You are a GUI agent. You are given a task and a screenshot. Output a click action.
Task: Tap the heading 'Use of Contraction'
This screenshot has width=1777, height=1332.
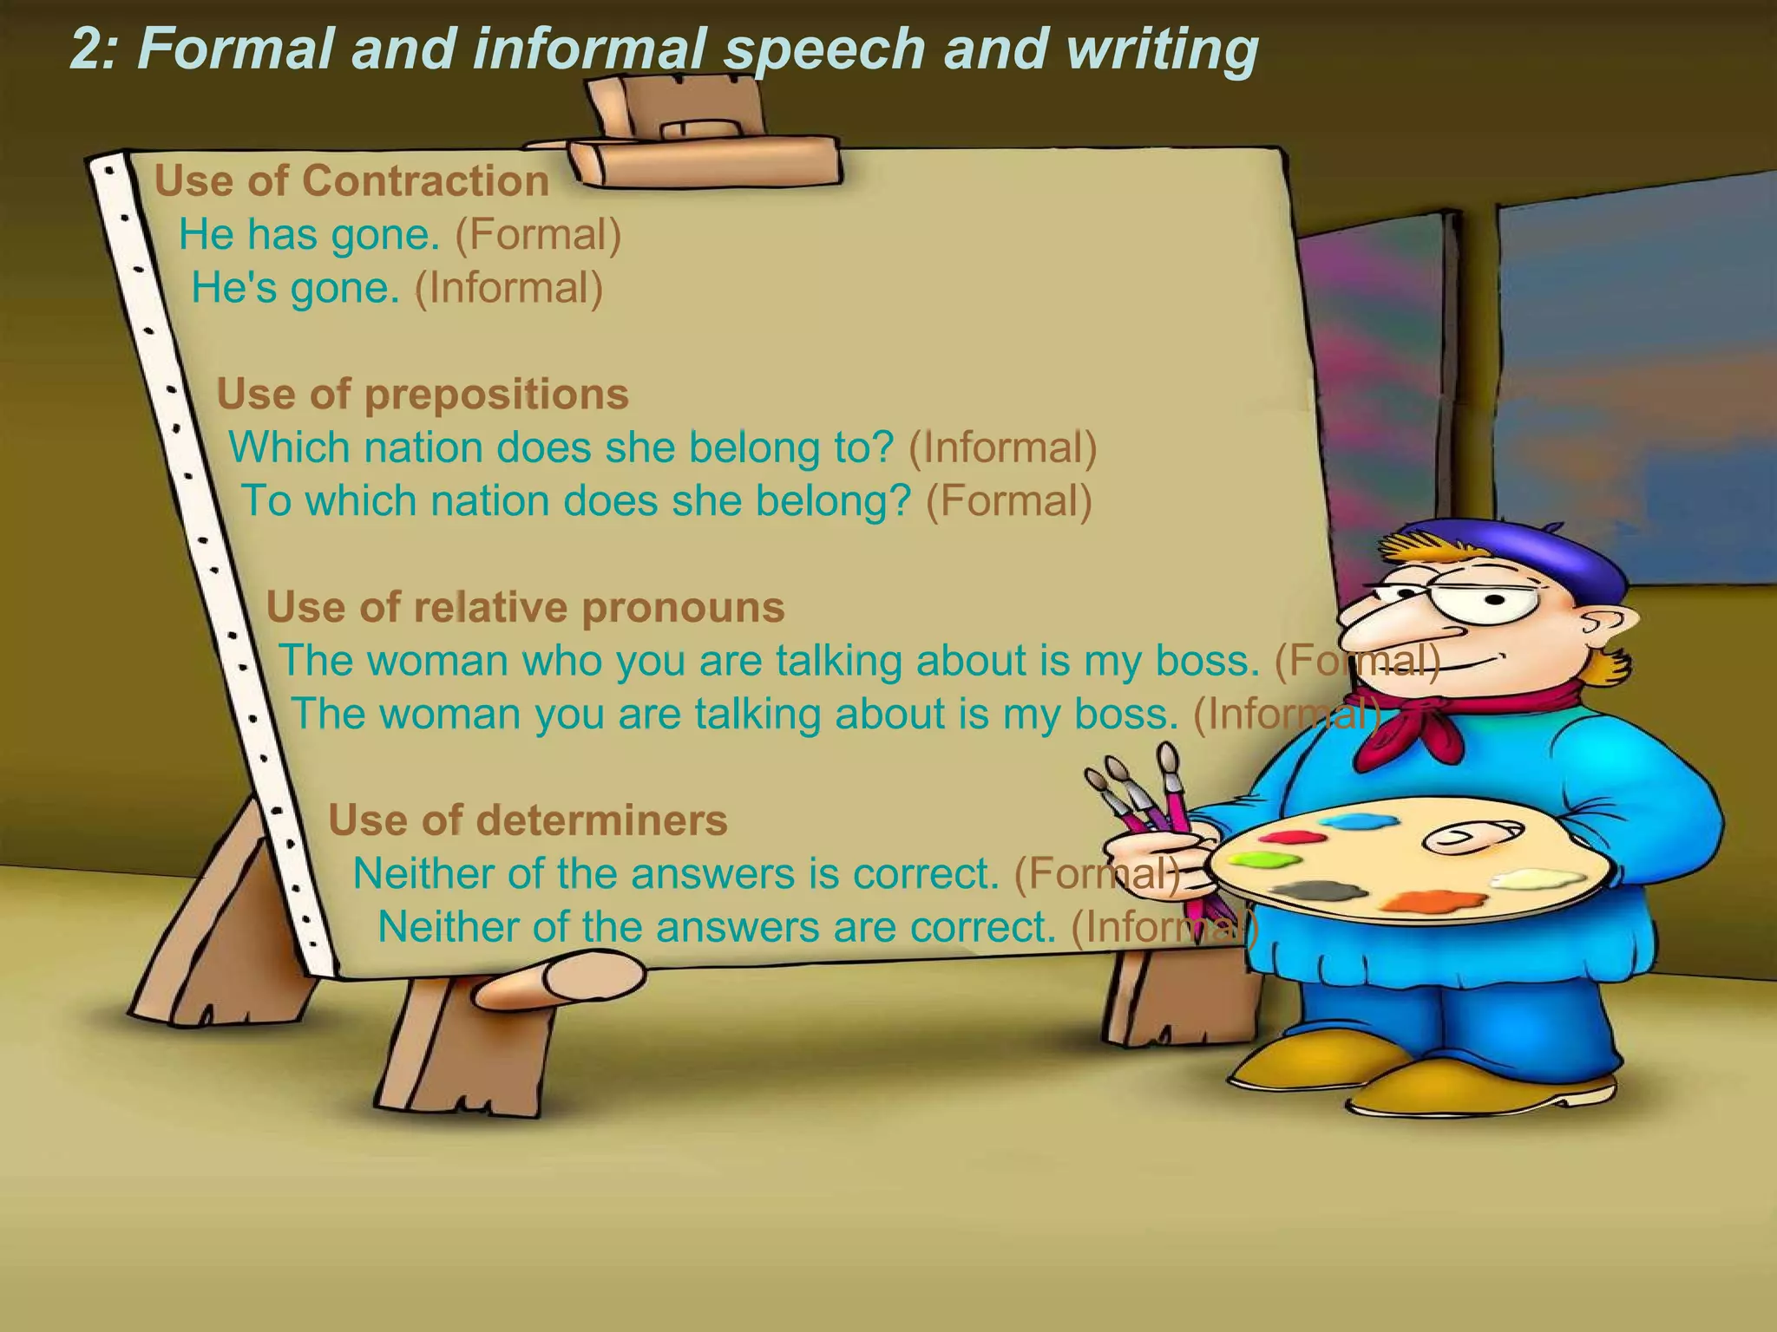click(x=351, y=181)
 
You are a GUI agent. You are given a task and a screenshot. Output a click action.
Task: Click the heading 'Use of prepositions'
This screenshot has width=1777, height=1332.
click(x=422, y=395)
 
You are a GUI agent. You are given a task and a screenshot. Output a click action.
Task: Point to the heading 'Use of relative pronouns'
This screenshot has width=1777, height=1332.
click(x=525, y=607)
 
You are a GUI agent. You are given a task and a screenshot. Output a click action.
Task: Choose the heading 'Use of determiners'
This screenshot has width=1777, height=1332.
click(x=528, y=820)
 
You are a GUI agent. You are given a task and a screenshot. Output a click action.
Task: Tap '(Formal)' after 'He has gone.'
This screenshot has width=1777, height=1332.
click(x=538, y=235)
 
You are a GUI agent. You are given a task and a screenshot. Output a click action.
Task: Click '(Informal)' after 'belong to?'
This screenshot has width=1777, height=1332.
click(x=1002, y=448)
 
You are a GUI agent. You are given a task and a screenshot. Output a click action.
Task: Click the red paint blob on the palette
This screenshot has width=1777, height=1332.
click(x=1286, y=838)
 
